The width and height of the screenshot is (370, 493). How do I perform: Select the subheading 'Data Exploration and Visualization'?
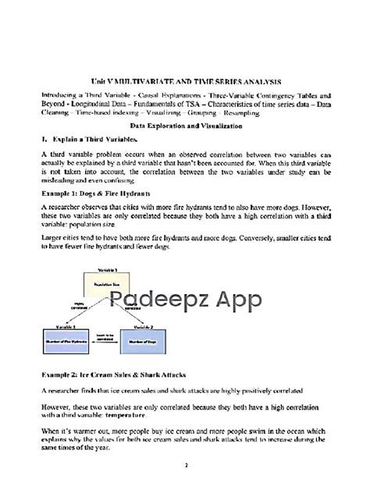coord(185,126)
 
